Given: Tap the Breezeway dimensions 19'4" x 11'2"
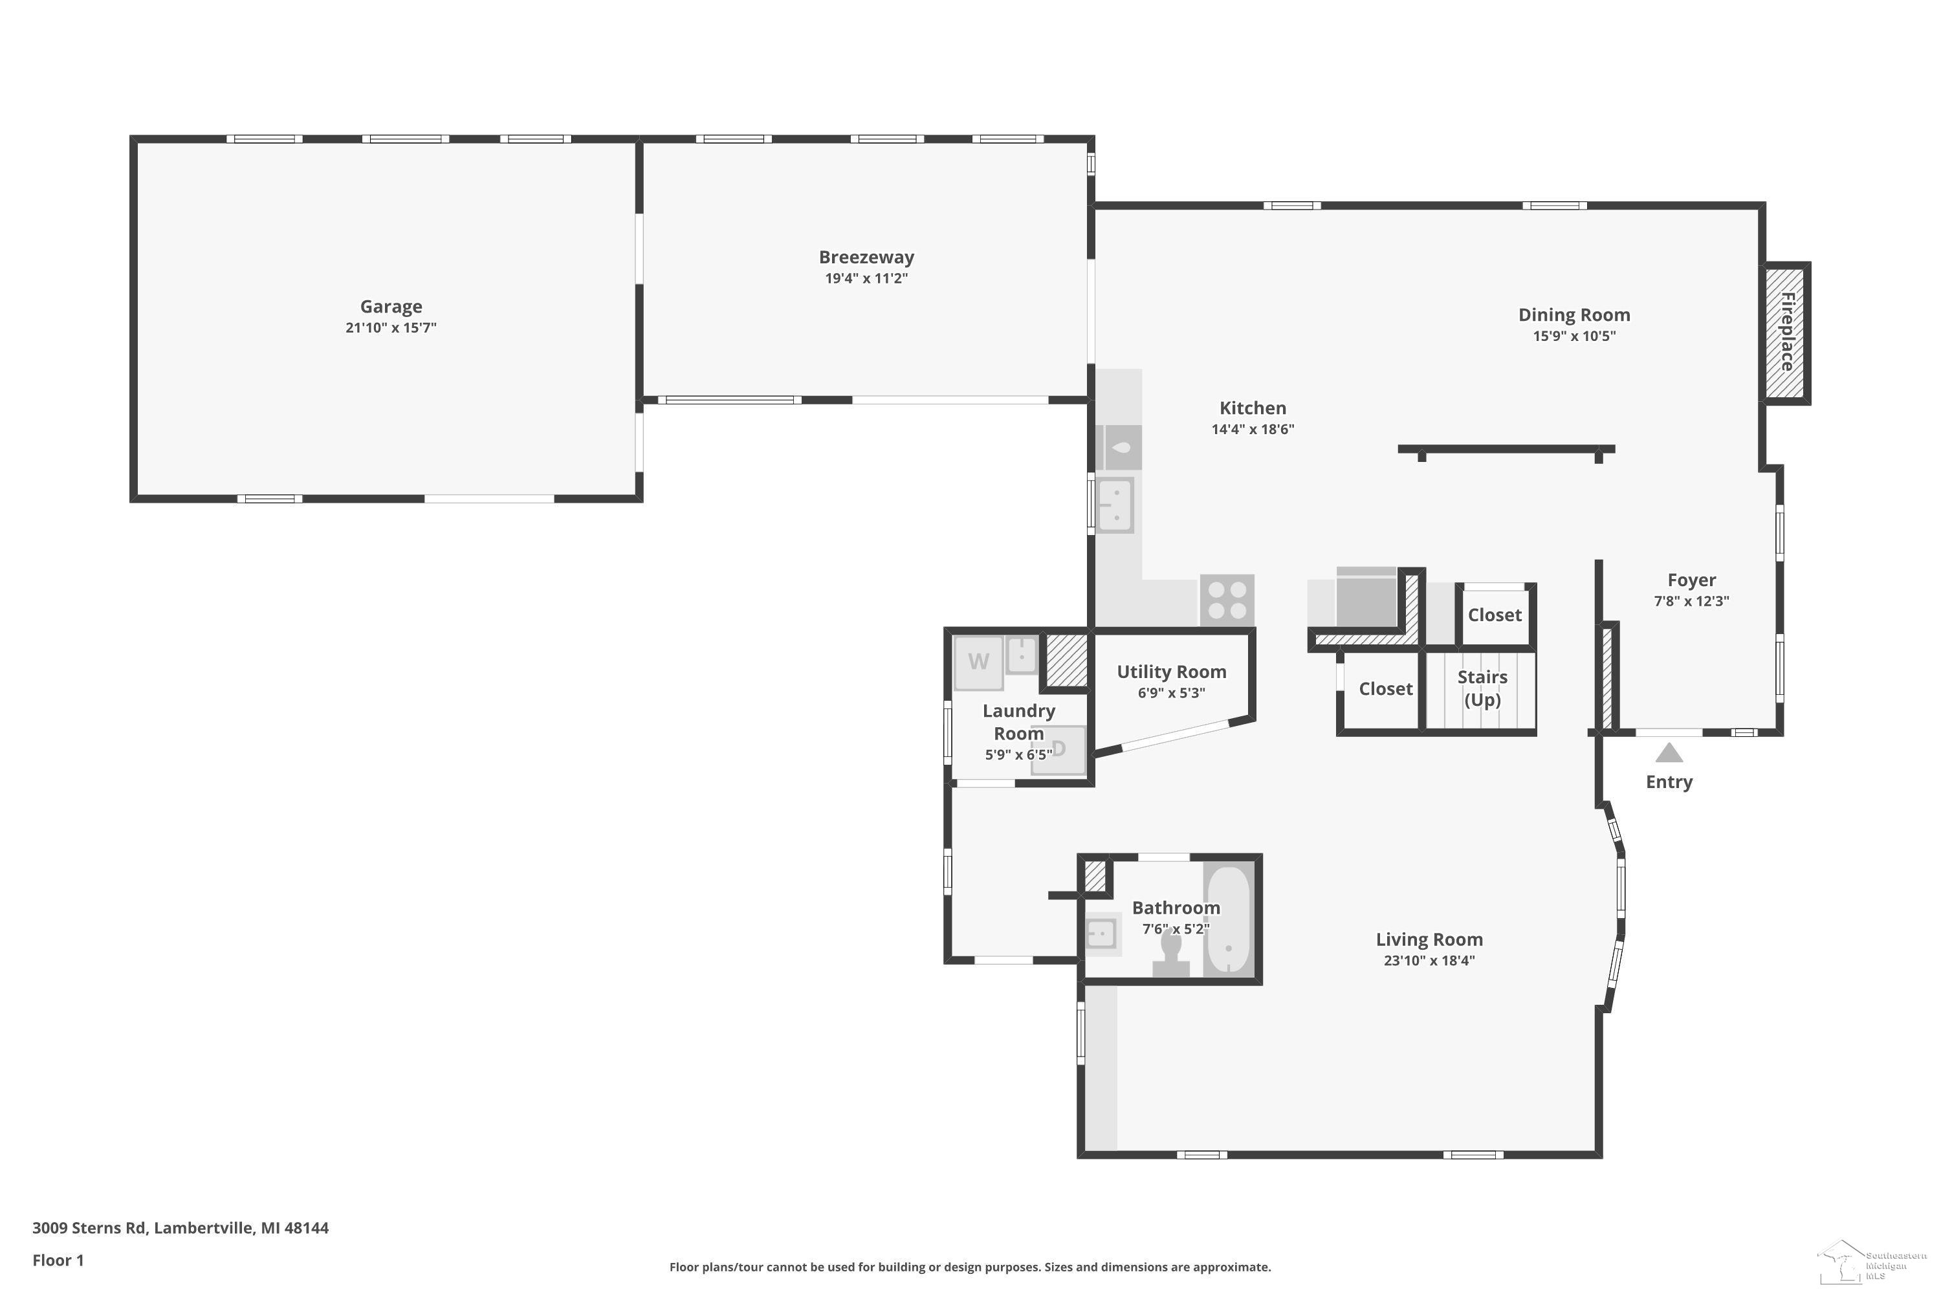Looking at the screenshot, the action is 866,278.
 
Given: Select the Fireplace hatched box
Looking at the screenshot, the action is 1786,333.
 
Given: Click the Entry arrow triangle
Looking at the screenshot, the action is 1669,752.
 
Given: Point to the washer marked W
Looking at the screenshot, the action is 979,662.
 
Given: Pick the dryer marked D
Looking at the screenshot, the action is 1058,750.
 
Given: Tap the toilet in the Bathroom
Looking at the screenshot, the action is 1170,956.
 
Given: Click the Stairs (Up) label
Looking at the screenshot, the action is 1482,688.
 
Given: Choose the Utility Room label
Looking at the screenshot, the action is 1171,672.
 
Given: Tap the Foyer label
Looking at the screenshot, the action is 1691,580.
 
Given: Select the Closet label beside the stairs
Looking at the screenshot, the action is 1386,689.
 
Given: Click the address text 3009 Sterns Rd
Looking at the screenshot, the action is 90,1227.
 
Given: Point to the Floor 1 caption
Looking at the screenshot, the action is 58,1260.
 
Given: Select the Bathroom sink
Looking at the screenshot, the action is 1102,934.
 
